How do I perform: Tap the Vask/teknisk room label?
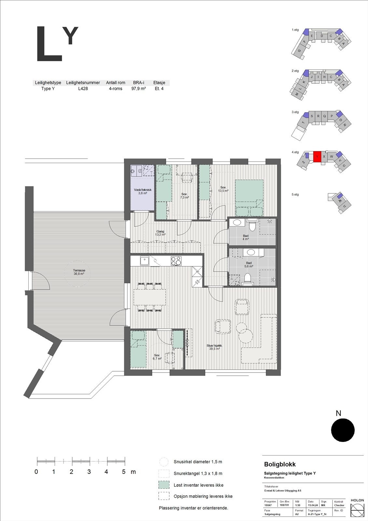pos(143,191)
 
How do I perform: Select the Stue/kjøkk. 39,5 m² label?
pos(214,347)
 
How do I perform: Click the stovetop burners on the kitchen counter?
pos(176,261)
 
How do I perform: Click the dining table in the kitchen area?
pos(150,297)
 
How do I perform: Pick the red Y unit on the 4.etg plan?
pos(317,156)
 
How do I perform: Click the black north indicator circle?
pos(343,430)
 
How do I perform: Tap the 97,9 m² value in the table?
pos(139,89)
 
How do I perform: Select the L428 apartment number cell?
pos(83,89)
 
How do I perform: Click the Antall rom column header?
pos(116,83)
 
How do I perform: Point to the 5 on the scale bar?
pos(124,472)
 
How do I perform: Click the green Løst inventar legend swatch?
pos(164,485)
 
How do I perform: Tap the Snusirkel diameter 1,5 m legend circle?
pos(164,462)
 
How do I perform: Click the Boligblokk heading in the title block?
pos(280,464)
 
